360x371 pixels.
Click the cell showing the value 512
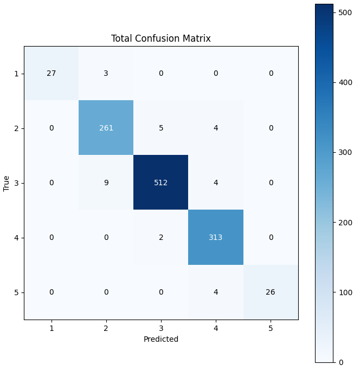click(161, 183)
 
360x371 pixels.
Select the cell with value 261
click(106, 128)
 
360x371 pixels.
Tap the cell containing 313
click(216, 237)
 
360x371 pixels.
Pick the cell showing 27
click(52, 73)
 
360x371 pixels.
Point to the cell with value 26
click(271, 292)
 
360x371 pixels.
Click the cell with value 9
click(106, 183)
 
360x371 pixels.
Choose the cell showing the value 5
click(161, 128)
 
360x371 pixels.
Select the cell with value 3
click(106, 73)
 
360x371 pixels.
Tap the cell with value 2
click(161, 237)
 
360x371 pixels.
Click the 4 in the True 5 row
click(216, 292)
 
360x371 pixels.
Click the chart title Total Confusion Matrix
click(161, 38)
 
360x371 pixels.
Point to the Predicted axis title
click(161, 339)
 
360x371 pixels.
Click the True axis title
click(6, 184)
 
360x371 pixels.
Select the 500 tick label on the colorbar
click(345, 12)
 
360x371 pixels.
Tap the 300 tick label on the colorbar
click(345, 152)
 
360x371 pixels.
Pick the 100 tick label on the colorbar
click(345, 292)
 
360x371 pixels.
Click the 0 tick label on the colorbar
click(341, 362)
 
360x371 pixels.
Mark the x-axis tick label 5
click(271, 328)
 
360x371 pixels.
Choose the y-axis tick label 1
click(16, 74)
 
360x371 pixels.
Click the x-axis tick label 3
click(161, 328)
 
